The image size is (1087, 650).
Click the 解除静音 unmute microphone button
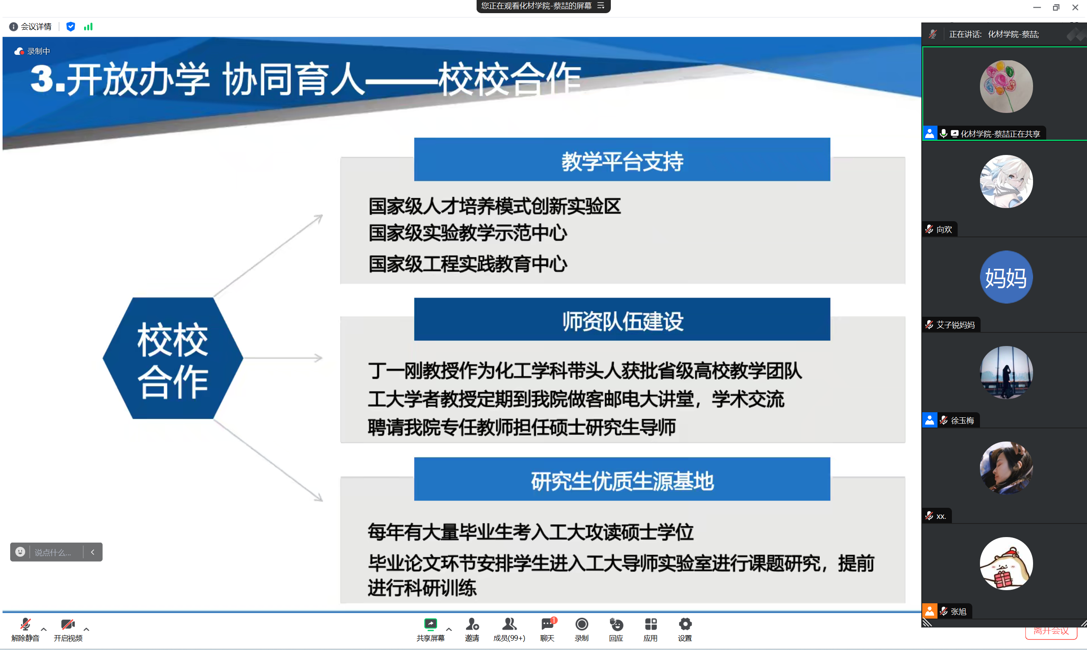coord(25,630)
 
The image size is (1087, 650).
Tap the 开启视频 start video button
coord(68,630)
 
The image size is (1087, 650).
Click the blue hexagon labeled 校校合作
coord(172,358)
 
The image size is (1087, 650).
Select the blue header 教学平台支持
coord(622,160)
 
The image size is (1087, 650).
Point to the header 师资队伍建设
coord(622,319)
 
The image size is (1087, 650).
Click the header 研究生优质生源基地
coord(622,479)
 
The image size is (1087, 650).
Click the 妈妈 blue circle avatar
coord(1006,277)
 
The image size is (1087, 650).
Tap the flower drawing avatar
coord(1006,86)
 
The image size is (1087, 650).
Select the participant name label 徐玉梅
coord(962,420)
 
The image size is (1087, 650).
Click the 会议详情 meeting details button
coord(30,27)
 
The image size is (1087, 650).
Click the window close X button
coord(1075,8)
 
